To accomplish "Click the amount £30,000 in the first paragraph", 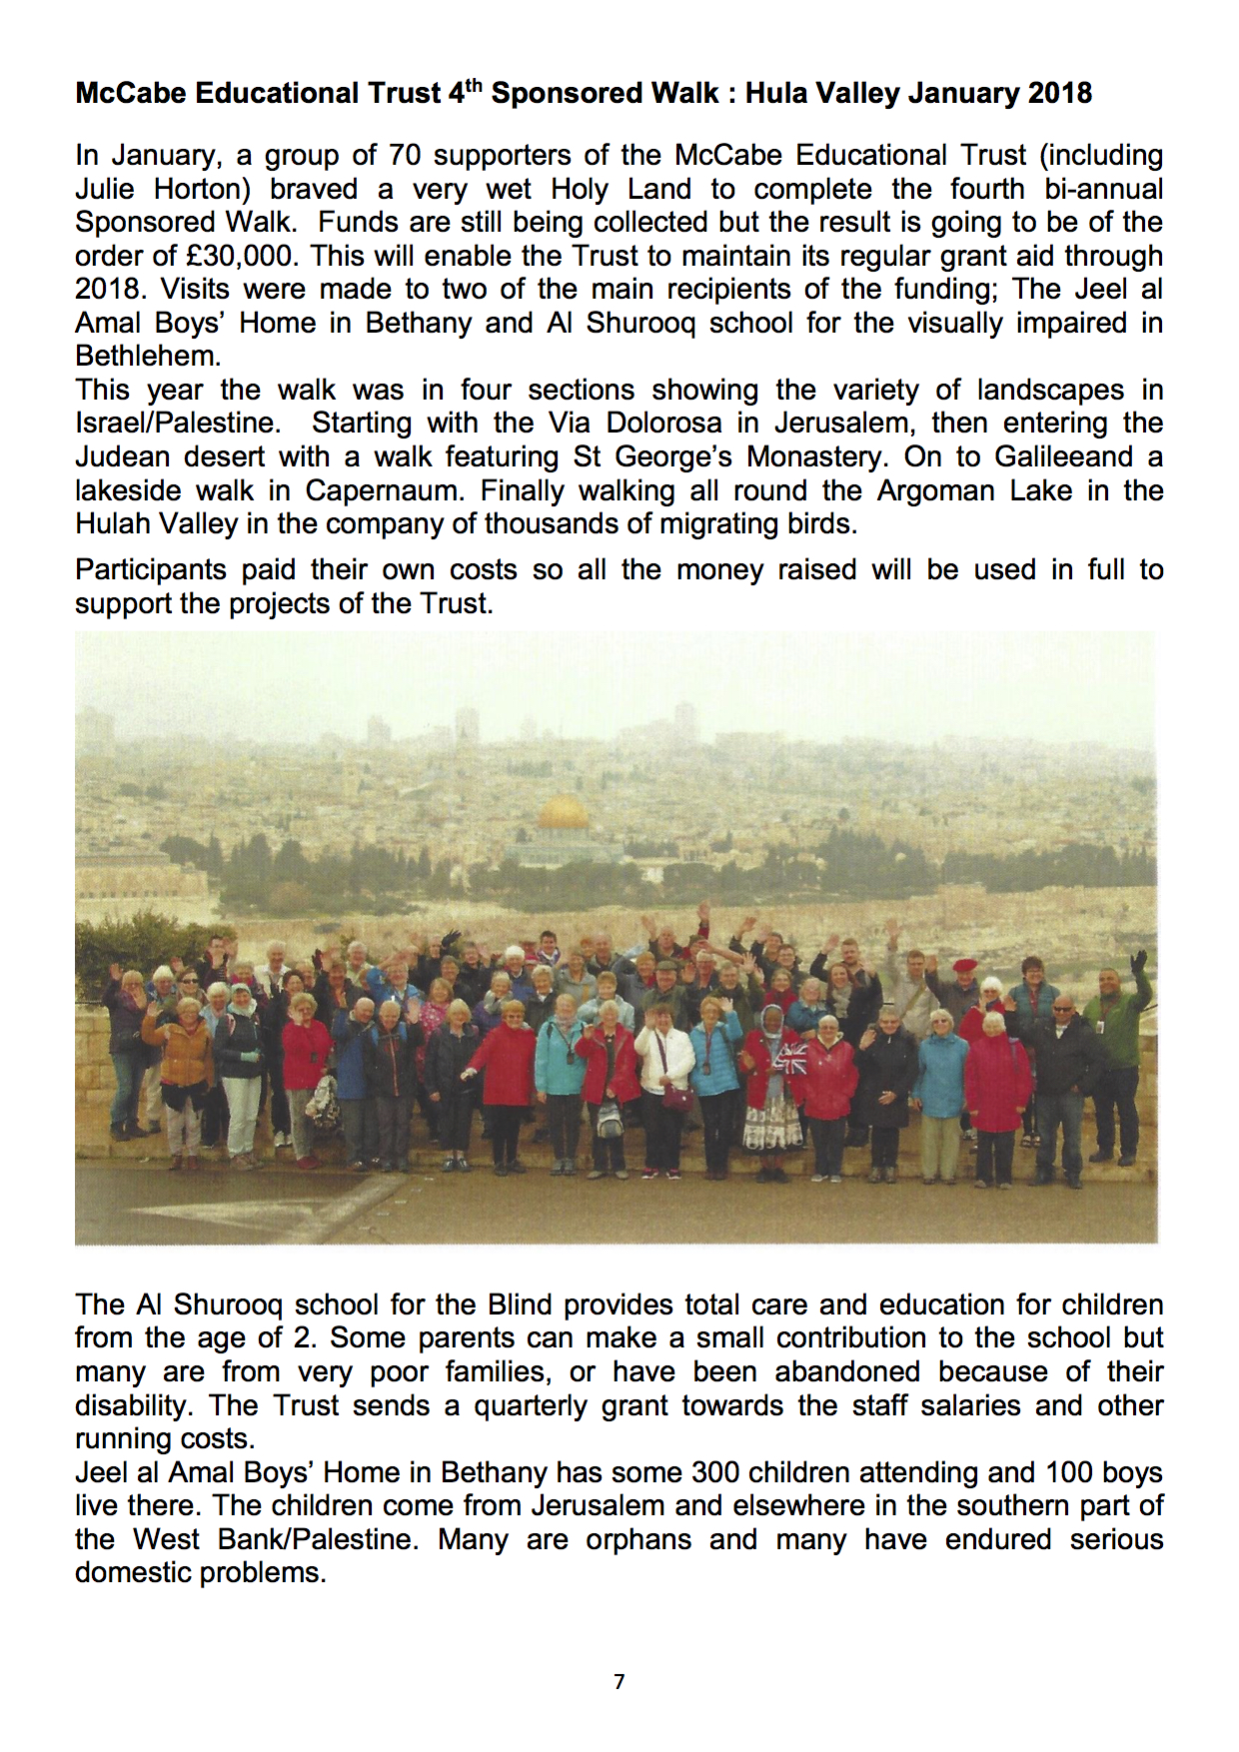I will (x=240, y=256).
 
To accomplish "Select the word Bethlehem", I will (x=147, y=357).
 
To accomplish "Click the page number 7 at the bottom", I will (x=619, y=1682).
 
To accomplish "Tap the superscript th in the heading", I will (x=474, y=84).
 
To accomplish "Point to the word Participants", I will (x=151, y=570).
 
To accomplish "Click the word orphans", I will (x=638, y=1539).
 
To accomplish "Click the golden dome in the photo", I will (x=564, y=812).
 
